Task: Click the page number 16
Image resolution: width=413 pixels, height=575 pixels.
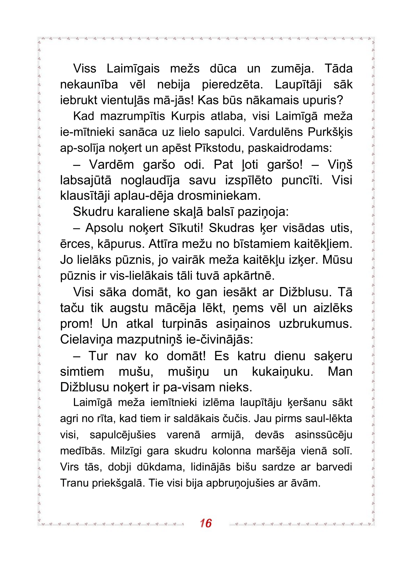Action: (206, 523)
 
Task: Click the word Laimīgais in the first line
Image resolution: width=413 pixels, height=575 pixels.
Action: (133, 69)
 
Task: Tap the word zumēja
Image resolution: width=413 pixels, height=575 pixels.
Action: (292, 69)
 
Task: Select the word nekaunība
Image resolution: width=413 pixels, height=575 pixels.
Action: (89, 85)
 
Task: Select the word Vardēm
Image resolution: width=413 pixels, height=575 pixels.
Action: (111, 165)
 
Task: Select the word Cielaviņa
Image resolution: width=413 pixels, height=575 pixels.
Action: (87, 340)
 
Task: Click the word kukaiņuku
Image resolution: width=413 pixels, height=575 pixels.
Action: (283, 372)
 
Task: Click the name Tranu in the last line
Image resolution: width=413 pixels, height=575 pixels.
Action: (74, 483)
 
